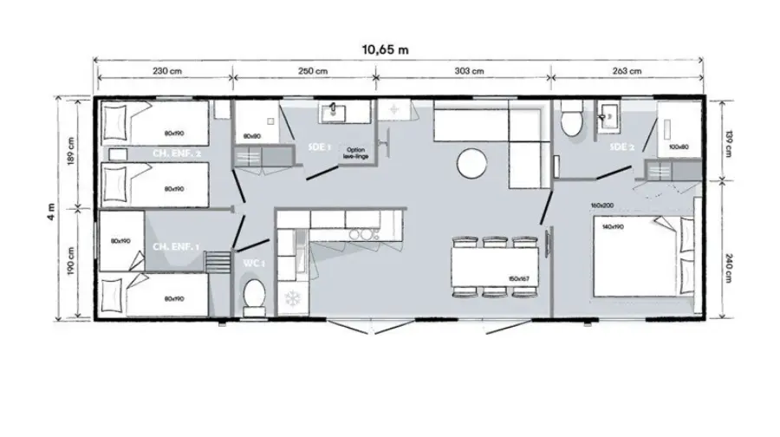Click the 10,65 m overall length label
click(385, 49)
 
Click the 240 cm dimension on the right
click(729, 266)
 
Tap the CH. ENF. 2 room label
click(177, 153)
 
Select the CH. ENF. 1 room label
click(176, 247)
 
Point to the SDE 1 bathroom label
click(319, 148)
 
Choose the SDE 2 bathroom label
click(621, 147)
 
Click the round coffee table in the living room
click(473, 162)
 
